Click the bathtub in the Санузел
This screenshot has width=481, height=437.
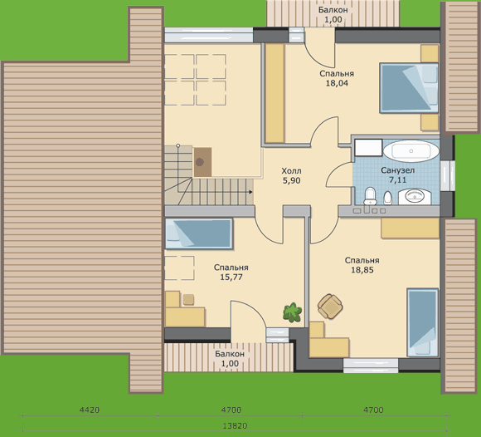click(x=411, y=151)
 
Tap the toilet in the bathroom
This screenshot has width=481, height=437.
click(x=370, y=196)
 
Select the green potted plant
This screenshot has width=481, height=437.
click(x=293, y=312)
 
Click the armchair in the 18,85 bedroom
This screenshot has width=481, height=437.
click(x=330, y=307)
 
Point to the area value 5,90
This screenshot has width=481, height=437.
click(x=291, y=181)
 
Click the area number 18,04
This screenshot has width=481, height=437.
click(x=337, y=83)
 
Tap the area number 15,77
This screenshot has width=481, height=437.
click(x=231, y=277)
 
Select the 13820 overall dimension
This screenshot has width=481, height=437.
click(x=235, y=426)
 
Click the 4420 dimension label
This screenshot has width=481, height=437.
click(x=90, y=410)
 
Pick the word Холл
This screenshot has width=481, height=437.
click(x=291, y=171)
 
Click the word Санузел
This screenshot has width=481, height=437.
click(x=398, y=170)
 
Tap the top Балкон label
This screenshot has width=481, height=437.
click(x=333, y=10)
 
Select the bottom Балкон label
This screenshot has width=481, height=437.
click(x=230, y=354)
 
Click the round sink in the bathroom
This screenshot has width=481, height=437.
click(x=415, y=196)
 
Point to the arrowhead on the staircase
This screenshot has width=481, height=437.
click(x=250, y=192)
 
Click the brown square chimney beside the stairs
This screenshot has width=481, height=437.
click(x=202, y=162)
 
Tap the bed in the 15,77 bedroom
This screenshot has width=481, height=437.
click(x=199, y=233)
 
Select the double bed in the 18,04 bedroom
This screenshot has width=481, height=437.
click(x=409, y=88)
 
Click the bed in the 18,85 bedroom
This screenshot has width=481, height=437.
click(x=422, y=322)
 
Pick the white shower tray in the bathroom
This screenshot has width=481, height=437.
click(x=368, y=148)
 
